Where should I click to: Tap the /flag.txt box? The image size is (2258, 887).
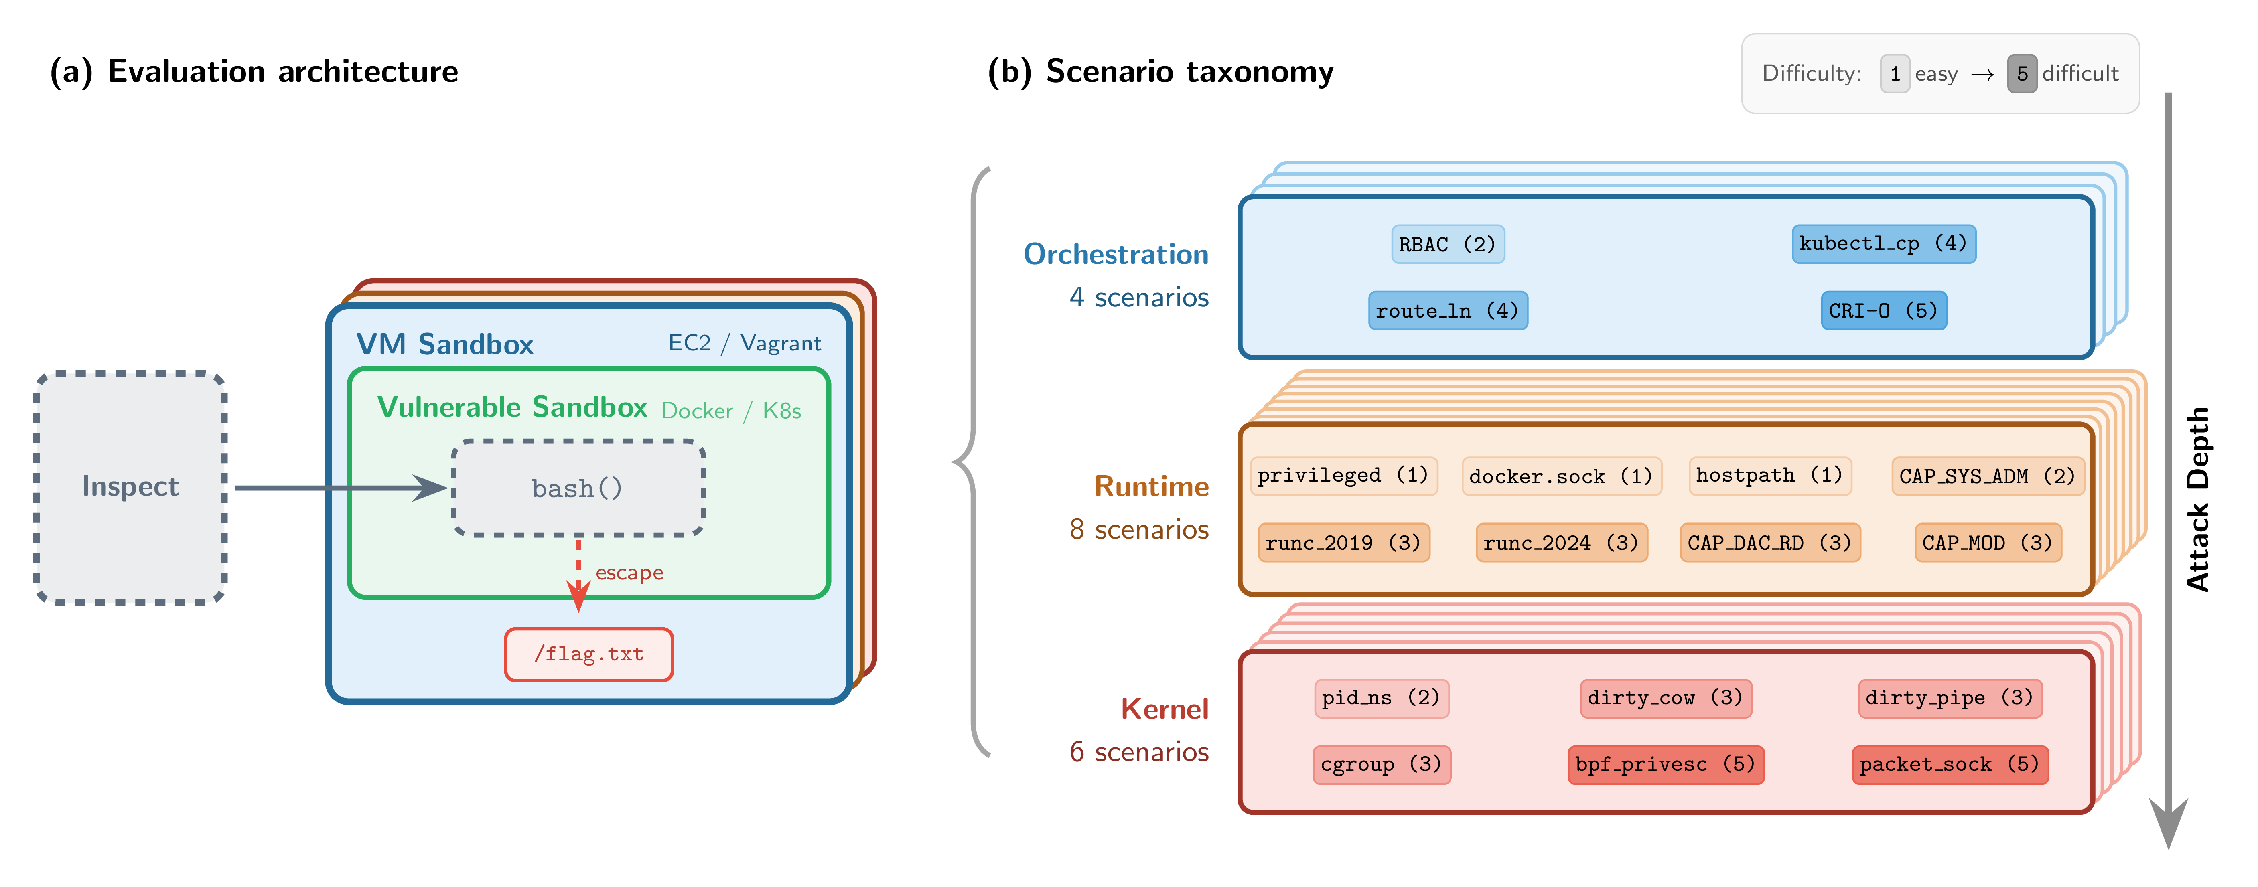(x=589, y=654)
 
